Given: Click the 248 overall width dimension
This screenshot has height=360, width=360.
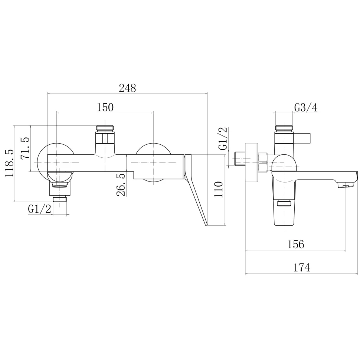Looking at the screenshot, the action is click(x=127, y=88).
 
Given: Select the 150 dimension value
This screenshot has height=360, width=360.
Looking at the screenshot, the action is click(x=105, y=108).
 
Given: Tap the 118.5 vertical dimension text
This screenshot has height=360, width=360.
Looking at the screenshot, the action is click(x=10, y=163).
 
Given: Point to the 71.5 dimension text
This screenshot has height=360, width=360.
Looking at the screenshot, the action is click(x=25, y=148).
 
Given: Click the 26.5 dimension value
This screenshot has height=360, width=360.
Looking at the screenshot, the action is click(x=121, y=184).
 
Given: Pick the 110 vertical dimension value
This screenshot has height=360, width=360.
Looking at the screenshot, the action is click(x=218, y=189).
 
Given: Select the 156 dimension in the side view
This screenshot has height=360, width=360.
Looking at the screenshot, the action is click(x=296, y=245).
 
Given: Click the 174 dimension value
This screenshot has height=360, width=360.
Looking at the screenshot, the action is click(x=302, y=268).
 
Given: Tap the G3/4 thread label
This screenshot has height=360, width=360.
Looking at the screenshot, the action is click(x=306, y=108).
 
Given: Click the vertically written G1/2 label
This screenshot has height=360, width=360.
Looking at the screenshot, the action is click(x=223, y=139).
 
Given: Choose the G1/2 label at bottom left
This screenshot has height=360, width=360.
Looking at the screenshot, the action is click(x=39, y=209).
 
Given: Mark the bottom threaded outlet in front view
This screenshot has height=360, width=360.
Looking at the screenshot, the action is click(x=60, y=199).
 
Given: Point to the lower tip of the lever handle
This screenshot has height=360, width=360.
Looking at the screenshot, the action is click(x=206, y=225).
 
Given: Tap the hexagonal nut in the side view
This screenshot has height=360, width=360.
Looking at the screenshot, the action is click(x=263, y=162).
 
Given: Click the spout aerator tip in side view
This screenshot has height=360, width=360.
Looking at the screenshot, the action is click(x=344, y=186).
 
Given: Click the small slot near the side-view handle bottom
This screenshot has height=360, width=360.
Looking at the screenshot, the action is click(x=284, y=203).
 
